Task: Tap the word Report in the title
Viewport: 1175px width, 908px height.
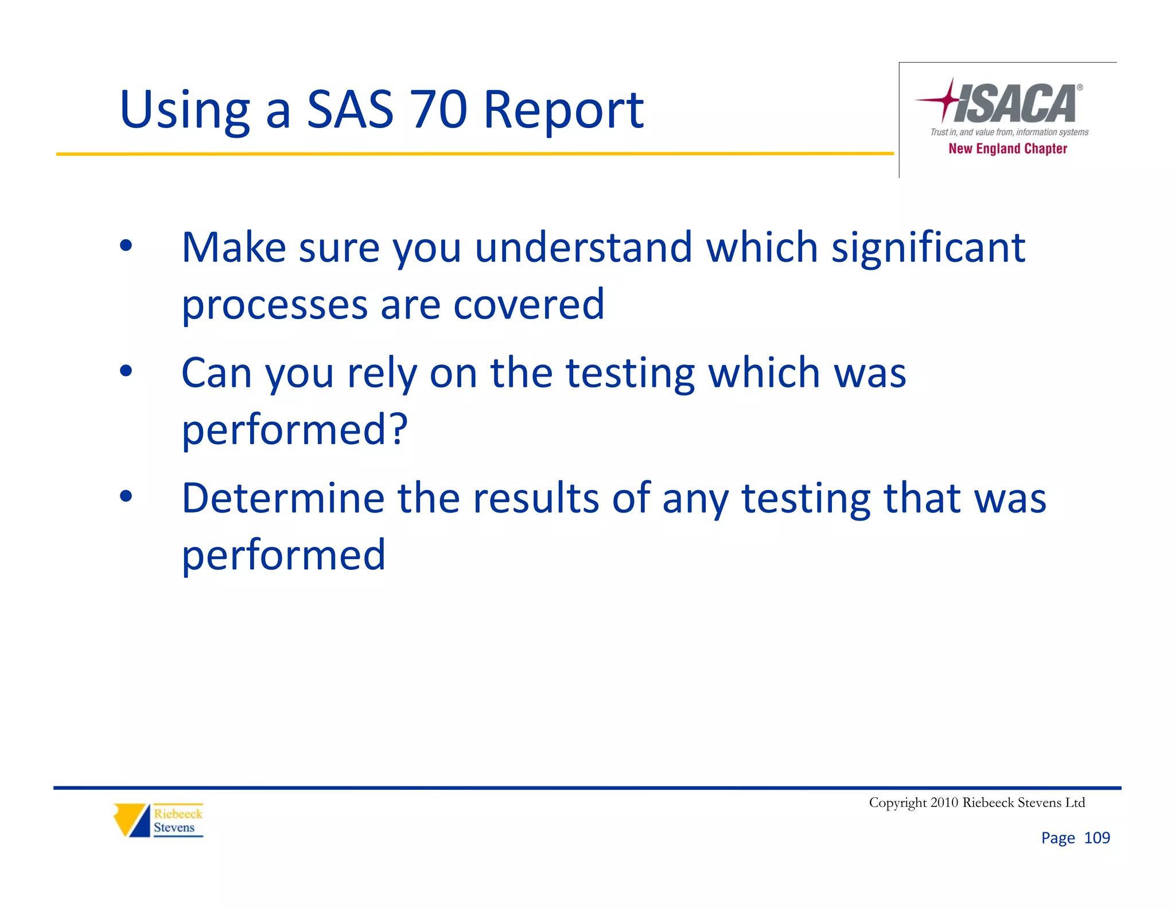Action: [563, 110]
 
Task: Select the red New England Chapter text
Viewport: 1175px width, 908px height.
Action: [1007, 149]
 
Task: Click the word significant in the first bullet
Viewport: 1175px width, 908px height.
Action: [928, 247]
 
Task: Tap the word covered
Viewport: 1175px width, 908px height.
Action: [528, 304]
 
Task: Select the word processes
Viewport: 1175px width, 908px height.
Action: [274, 305]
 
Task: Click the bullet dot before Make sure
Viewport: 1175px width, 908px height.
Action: [126, 246]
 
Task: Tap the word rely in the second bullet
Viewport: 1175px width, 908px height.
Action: [382, 373]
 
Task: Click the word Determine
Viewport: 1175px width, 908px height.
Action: [283, 498]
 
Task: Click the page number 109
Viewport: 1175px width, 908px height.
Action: [1097, 838]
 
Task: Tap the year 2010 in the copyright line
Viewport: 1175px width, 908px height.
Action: [944, 802]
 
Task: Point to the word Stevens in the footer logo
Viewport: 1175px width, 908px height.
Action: [174, 828]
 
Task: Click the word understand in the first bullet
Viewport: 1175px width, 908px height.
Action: [583, 247]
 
